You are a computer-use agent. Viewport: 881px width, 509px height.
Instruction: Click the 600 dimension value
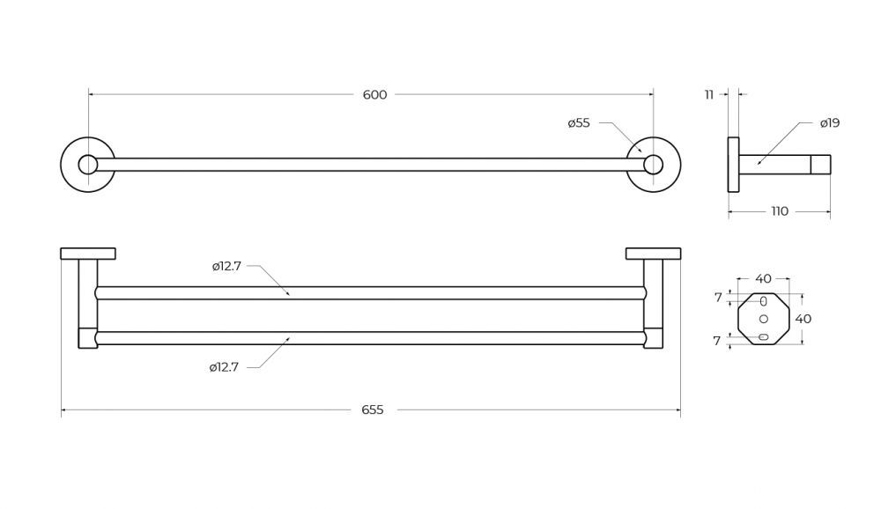[374, 95]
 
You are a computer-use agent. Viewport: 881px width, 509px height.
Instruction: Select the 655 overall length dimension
[373, 410]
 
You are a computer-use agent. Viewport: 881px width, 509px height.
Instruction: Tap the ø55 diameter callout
[579, 123]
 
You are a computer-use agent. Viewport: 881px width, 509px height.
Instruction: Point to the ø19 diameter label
[829, 123]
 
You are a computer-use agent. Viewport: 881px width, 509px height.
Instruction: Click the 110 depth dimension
[780, 212]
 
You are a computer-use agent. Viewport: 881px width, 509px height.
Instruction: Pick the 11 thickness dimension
[709, 95]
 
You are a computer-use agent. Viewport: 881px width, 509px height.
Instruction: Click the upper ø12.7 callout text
[226, 266]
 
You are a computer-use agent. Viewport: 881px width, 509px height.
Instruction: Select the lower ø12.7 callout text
[224, 367]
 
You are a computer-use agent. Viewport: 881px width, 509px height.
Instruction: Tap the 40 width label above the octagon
[763, 278]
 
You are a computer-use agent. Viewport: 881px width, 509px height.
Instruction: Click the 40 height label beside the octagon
[803, 319]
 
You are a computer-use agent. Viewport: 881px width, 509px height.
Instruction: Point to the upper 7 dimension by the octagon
[718, 298]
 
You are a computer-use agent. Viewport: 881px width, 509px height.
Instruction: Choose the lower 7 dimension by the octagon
[717, 341]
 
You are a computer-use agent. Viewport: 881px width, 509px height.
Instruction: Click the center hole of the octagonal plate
[763, 319]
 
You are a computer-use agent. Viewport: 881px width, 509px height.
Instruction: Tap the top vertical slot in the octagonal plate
[763, 301]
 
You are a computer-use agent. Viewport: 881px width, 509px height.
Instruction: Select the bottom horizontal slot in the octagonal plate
[763, 337]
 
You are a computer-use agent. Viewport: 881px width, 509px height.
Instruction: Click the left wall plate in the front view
[88, 254]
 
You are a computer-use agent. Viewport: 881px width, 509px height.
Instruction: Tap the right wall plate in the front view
[653, 254]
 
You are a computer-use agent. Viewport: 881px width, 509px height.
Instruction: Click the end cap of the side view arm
[820, 165]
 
